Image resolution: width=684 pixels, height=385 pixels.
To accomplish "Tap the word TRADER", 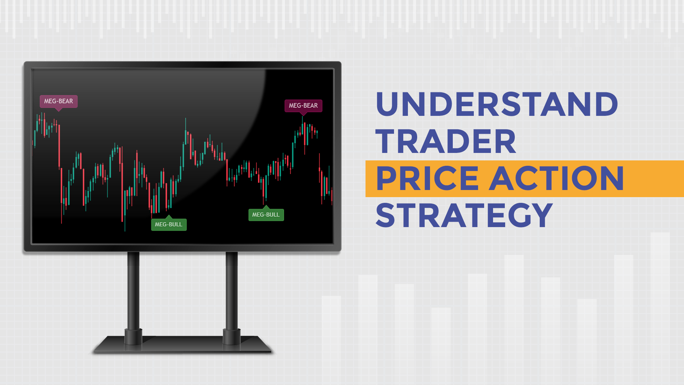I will (446, 141).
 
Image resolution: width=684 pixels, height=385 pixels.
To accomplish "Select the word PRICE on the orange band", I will (427, 179).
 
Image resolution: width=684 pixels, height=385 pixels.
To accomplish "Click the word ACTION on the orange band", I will (556, 179).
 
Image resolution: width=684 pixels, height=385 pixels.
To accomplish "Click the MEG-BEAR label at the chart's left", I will (58, 101).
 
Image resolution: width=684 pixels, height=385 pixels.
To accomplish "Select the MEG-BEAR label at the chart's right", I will (303, 106).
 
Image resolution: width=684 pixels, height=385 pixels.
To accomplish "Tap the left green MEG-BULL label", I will (169, 225).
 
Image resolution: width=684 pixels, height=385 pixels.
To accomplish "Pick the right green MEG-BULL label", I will (266, 215).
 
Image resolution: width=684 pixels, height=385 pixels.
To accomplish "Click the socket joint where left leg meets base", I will (133, 337).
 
